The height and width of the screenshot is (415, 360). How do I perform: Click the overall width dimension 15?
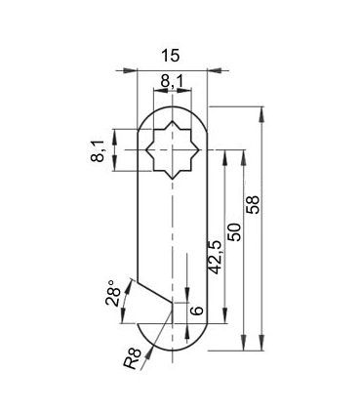coord(171,56)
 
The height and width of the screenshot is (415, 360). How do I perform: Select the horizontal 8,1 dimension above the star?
coord(172,81)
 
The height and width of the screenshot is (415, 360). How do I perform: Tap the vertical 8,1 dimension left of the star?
coord(98,151)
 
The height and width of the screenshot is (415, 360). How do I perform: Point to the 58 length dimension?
coord(253,204)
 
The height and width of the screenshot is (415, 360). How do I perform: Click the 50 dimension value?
coord(235,232)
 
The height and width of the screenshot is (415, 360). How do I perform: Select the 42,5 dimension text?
coord(215,258)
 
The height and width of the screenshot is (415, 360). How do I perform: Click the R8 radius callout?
coord(133,358)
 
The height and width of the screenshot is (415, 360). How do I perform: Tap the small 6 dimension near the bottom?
coord(196,311)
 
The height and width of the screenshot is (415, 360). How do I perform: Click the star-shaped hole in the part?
coord(172,150)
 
